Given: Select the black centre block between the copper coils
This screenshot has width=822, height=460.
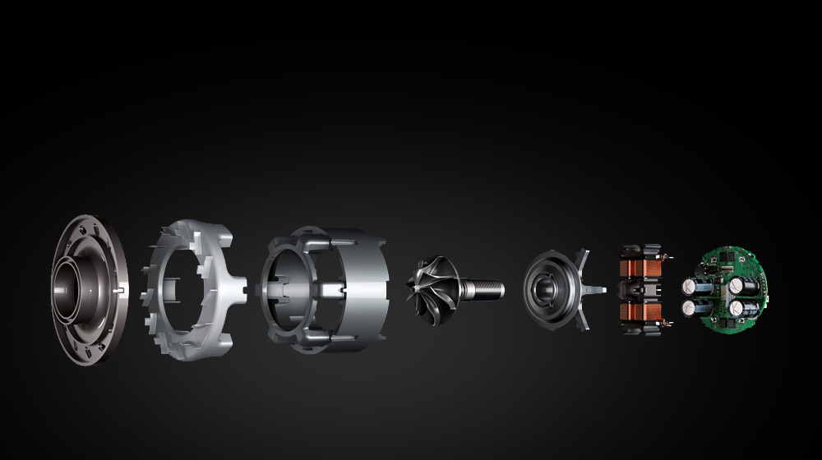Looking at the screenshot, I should tap(637, 290).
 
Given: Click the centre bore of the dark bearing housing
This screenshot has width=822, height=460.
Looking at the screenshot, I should tap(546, 289).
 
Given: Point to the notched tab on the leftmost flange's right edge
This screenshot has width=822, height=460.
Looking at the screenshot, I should tap(122, 289).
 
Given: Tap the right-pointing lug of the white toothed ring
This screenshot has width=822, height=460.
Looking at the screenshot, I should tap(241, 287).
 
